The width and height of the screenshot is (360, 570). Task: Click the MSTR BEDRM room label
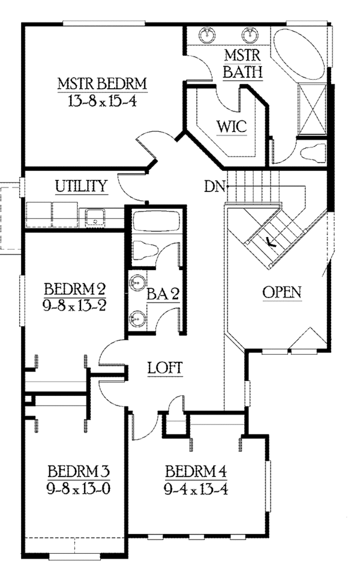coord(103,83)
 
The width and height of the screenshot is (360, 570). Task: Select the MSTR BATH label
coord(242,64)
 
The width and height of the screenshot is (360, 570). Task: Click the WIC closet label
coord(231,127)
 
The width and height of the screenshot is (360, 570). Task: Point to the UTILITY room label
coord(82,186)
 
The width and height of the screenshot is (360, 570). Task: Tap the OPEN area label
coord(282,292)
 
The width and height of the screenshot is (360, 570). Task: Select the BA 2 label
coord(164,294)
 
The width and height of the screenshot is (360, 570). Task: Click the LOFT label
coord(165,368)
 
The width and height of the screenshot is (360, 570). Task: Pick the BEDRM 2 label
coord(76,288)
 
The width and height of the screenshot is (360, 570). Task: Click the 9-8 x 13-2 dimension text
coord(76,304)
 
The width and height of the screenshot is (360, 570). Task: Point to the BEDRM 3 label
coord(79,469)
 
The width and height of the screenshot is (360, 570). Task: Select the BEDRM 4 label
coord(196,469)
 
